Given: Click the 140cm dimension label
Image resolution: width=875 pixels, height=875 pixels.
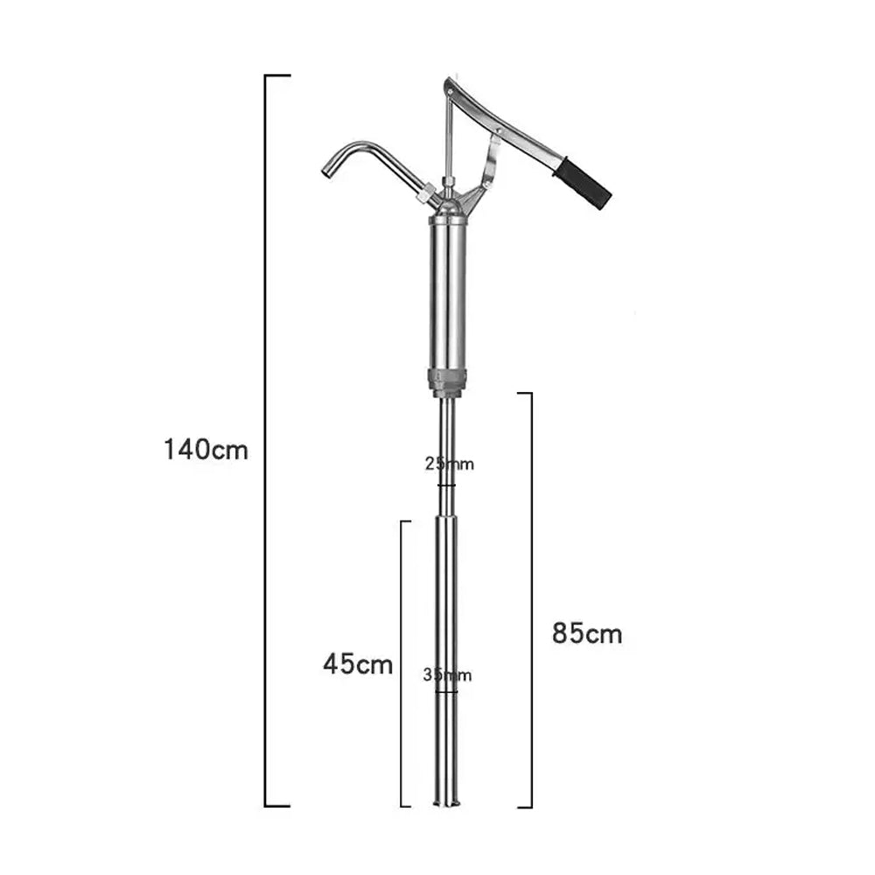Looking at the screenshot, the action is click(206, 449).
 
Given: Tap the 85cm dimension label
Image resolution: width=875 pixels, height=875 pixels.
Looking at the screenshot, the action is click(587, 633).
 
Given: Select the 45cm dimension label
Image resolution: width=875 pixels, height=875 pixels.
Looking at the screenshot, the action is click(358, 664).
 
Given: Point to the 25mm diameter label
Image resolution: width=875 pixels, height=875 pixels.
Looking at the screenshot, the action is click(449, 464).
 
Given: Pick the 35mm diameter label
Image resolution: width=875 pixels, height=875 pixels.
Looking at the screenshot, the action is click(447, 675).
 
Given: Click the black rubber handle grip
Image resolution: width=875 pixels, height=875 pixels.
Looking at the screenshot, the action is click(582, 183).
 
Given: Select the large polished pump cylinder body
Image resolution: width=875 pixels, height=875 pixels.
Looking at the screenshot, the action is click(447, 293).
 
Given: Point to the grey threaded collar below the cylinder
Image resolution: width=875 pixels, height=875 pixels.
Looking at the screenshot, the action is click(447, 382).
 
